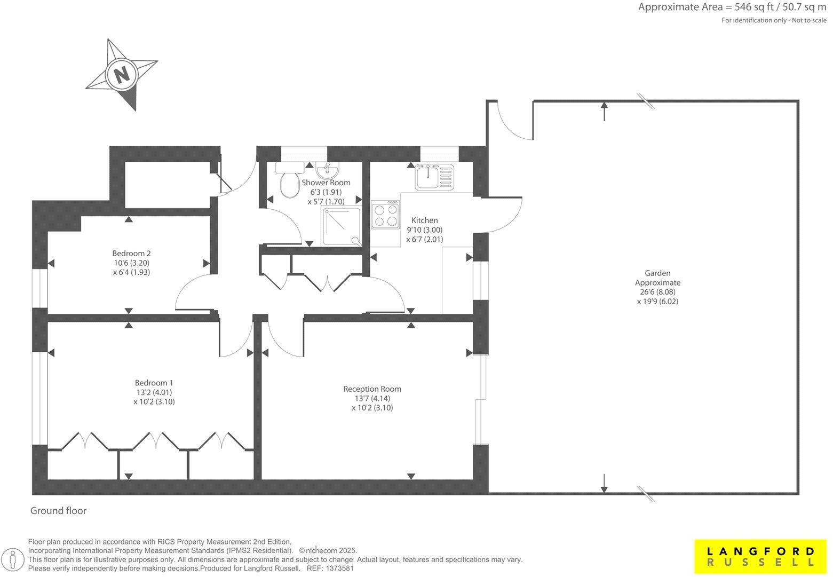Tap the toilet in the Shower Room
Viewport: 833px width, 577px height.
(289, 183)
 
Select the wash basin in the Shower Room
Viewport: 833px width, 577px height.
(327, 171)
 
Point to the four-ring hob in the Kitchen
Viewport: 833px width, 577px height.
(385, 215)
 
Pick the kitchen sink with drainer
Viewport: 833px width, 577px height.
(434, 177)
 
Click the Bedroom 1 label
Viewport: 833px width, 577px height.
(154, 383)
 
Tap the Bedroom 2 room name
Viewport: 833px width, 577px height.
(128, 253)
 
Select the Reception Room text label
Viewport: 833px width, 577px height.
(372, 389)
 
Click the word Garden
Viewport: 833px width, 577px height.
(657, 273)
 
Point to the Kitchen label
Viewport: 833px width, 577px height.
(424, 220)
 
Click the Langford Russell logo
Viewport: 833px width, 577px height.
(761, 556)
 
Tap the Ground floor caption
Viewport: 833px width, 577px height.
(58, 511)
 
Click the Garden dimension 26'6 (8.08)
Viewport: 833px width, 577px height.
(657, 292)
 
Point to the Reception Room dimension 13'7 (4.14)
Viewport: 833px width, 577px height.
(372, 398)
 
